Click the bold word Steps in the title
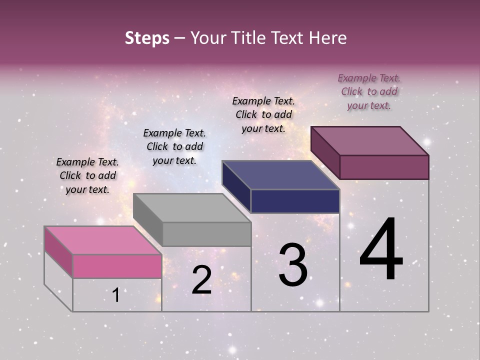pyautogui.click(x=147, y=38)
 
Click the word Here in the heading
pyautogui.click(x=326, y=38)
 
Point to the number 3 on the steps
pyautogui.click(x=293, y=265)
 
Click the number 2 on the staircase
pyautogui.click(x=201, y=280)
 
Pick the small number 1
pyautogui.click(x=116, y=295)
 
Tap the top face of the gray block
pyautogui.click(x=192, y=207)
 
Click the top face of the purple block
pyautogui.click(x=370, y=140)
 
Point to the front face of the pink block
pyautogui.click(x=117, y=266)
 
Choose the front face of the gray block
pyautogui.click(x=206, y=234)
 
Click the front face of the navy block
pyautogui.click(x=295, y=201)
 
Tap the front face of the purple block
pyautogui.click(x=384, y=167)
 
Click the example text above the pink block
pyautogui.click(x=88, y=175)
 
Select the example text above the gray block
pyautogui.click(x=174, y=146)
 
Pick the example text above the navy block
pyautogui.click(x=263, y=114)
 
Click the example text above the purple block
pyautogui.click(x=369, y=91)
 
